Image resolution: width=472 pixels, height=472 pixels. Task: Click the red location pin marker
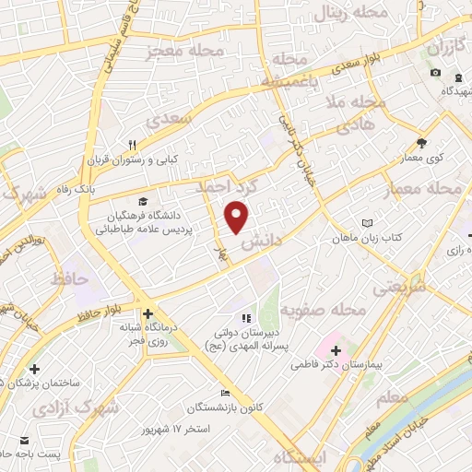point(238,218)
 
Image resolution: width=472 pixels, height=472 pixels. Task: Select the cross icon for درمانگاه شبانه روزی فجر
point(147,314)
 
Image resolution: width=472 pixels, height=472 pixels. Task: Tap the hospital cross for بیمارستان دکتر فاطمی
point(336,351)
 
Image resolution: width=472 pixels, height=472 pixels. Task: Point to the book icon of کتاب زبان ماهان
point(368,223)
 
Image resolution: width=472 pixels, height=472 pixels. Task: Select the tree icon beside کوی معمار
point(421,143)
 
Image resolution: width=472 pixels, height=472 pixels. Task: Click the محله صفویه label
point(318,309)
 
